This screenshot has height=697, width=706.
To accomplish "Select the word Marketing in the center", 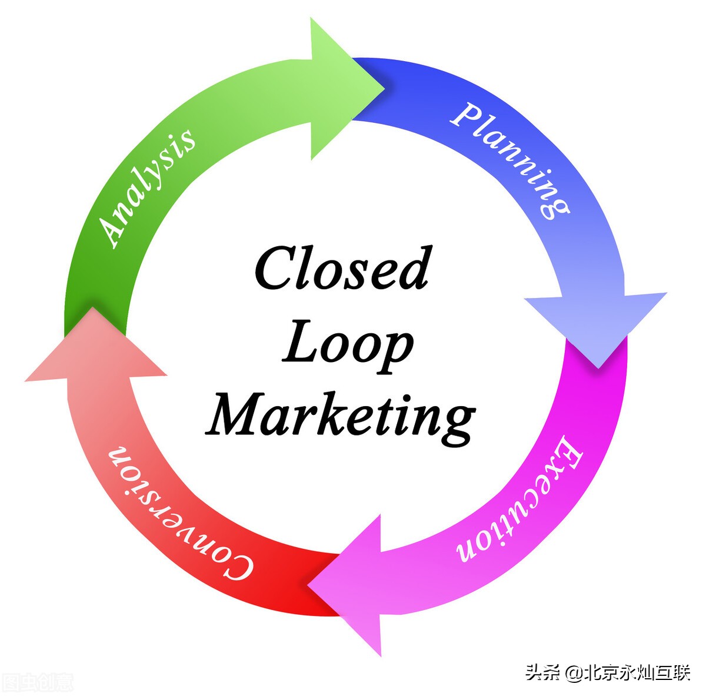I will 341,414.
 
